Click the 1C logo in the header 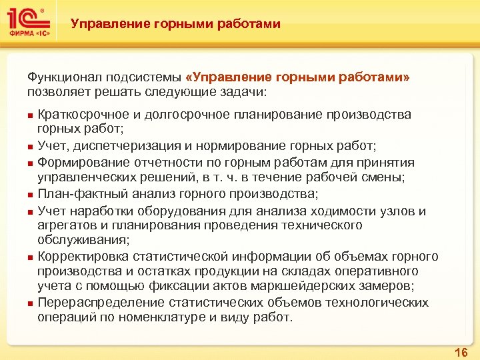[29, 21]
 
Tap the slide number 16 [460, 351]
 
